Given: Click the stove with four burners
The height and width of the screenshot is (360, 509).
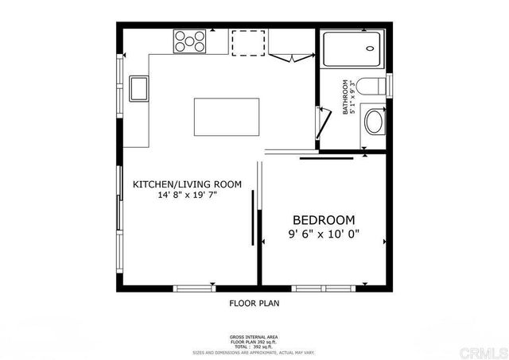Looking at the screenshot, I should (x=190, y=41).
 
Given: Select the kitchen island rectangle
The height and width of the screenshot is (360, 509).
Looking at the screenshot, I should (x=227, y=118).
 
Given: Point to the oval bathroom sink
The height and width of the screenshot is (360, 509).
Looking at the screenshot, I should (x=373, y=122).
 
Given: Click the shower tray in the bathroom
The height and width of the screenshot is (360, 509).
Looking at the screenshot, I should (x=353, y=49).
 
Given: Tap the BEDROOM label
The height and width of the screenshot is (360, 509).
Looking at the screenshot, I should (x=324, y=219).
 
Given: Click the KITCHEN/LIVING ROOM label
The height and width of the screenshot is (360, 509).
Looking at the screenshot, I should (x=187, y=184).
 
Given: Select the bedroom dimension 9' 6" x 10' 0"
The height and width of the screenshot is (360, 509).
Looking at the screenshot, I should (x=324, y=234).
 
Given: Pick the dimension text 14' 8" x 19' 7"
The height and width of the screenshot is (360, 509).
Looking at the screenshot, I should (x=187, y=195).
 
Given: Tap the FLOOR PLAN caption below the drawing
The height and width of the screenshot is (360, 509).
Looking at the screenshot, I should (x=254, y=303).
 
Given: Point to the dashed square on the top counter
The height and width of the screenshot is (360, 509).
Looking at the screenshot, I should (x=247, y=43).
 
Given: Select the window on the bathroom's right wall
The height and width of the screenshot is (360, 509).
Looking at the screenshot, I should (x=390, y=85).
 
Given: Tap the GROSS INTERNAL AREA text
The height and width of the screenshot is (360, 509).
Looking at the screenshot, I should (x=254, y=337).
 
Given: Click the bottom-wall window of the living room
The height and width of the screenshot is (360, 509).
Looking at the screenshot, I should (x=194, y=286).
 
